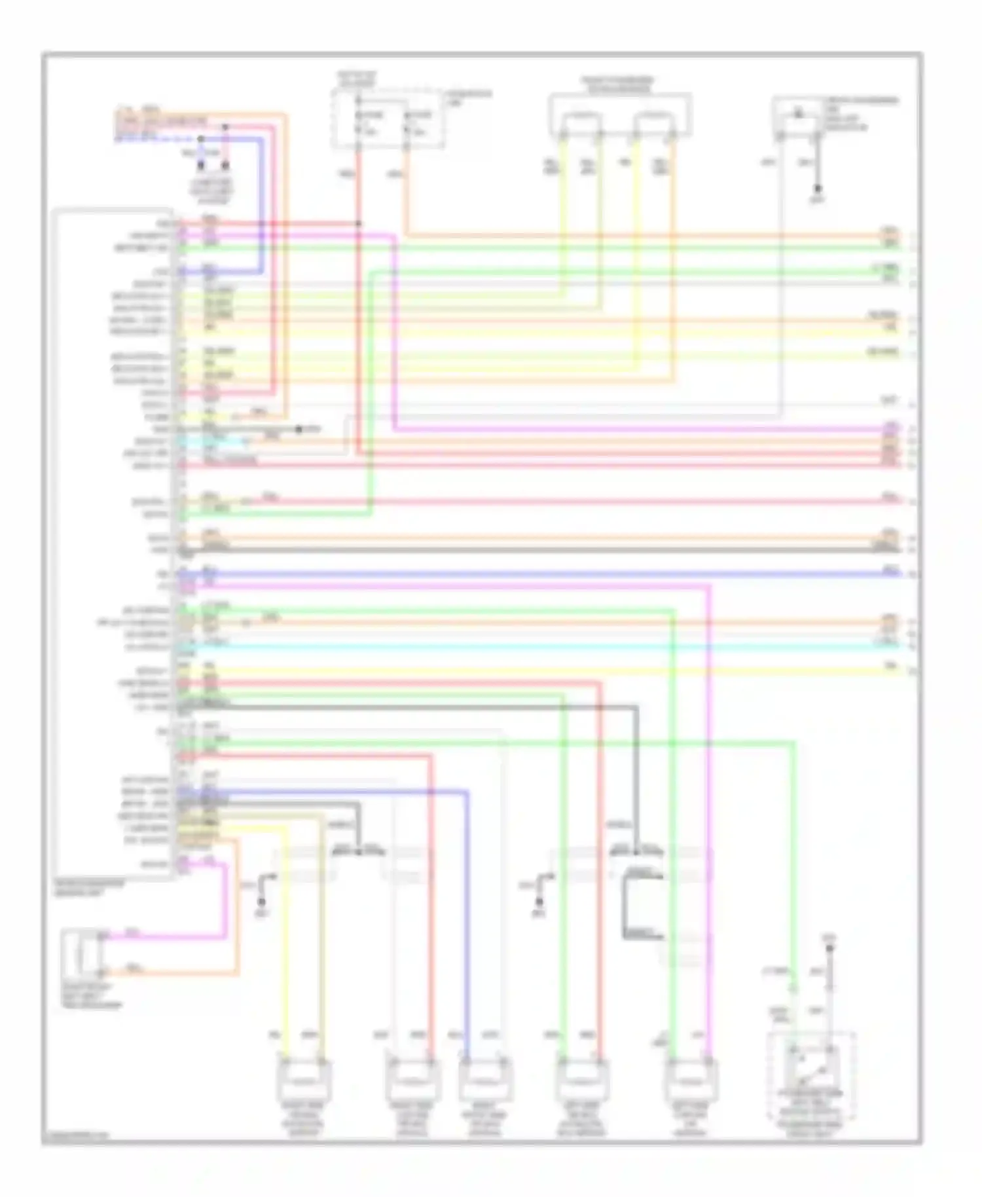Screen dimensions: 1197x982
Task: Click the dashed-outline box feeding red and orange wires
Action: point(388,119)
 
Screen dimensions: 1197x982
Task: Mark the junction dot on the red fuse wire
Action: point(359,224)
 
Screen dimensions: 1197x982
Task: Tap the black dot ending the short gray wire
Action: point(299,430)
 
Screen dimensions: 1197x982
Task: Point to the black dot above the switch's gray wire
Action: point(829,948)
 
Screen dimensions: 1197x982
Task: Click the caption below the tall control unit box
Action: point(89,888)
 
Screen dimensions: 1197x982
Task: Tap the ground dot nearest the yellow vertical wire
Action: point(261,902)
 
